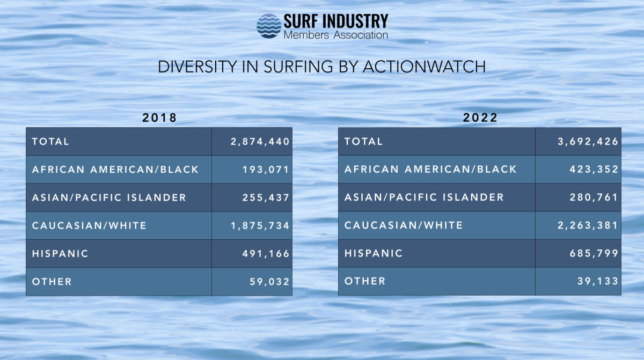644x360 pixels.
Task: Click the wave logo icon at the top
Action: coord(269,26)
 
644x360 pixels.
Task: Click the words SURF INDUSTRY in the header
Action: coord(335,21)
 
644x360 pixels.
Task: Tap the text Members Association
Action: coord(335,35)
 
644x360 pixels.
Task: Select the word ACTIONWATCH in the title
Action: coord(424,67)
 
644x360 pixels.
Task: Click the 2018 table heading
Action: coord(159,118)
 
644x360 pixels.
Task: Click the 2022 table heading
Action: coord(480,118)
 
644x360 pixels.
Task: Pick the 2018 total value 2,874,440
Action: coord(260,142)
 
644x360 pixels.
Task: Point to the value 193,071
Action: coord(266,170)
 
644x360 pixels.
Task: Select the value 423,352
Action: coord(594,170)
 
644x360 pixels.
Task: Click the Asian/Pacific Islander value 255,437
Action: coord(266,197)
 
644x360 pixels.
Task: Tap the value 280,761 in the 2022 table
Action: coord(594,197)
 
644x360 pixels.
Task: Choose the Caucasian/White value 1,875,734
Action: coord(260,225)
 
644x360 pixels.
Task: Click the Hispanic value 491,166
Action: coord(266,253)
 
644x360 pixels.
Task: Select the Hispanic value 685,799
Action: coord(594,253)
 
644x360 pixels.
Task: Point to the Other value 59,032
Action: coord(269,282)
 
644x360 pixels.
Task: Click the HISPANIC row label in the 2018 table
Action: coord(60,253)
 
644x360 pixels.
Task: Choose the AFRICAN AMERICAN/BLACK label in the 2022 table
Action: coord(430,170)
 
